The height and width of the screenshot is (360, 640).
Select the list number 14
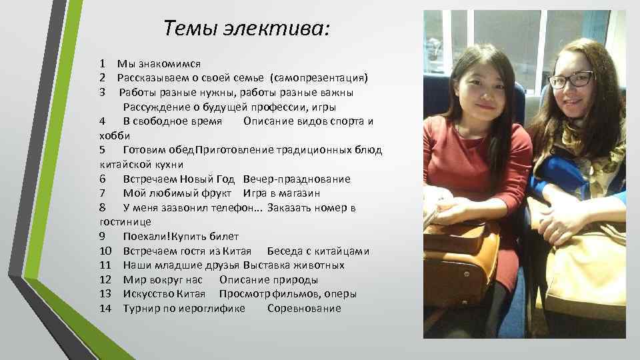pos(105,308)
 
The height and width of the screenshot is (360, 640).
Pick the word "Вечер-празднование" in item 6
pos(297,179)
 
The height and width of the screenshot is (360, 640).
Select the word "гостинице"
pos(125,222)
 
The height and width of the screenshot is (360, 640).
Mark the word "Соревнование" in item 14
pos(304,308)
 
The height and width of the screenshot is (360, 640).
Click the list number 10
pos(105,251)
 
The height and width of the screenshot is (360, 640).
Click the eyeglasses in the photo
pos(570,80)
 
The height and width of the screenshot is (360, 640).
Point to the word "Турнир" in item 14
pos(141,308)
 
